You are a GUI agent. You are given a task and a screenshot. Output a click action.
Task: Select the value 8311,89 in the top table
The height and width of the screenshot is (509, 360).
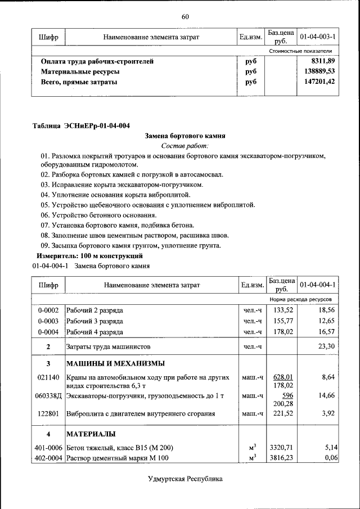point(323,61)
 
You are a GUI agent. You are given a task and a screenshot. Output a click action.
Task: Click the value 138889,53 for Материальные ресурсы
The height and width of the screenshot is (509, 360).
point(319,71)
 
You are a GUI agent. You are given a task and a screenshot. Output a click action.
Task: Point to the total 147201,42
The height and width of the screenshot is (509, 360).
point(319,82)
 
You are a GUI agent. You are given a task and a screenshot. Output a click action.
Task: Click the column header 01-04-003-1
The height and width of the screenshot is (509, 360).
point(318,37)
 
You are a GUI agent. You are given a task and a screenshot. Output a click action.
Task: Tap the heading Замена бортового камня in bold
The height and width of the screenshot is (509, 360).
point(185,136)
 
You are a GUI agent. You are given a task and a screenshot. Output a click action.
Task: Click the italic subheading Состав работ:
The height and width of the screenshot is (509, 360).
point(185,146)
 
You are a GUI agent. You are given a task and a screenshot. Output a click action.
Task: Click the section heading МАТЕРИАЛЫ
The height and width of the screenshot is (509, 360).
point(91,434)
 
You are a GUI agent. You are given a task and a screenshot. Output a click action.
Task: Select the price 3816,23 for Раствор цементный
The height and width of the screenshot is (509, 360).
point(282,458)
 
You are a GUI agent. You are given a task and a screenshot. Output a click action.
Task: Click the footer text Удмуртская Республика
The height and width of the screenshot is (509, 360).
point(185,479)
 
